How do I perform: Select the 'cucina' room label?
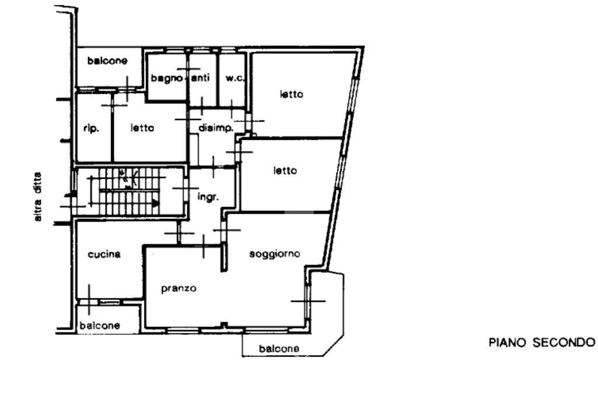pyautogui.click(x=104, y=255)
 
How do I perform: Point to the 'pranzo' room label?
pyautogui.click(x=179, y=289)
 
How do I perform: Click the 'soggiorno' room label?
pyautogui.click(x=274, y=254)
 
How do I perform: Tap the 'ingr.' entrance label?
pyautogui.click(x=208, y=197)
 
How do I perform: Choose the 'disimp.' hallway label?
pyautogui.click(x=216, y=128)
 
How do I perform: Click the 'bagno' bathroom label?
pyautogui.click(x=166, y=78)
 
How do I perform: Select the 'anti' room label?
pyautogui.click(x=201, y=78)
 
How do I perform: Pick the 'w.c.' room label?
pyautogui.click(x=235, y=78)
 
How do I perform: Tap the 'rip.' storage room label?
pyautogui.click(x=92, y=129)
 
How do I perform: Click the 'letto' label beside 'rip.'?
pyautogui.click(x=142, y=129)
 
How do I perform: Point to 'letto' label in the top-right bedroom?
pyautogui.click(x=291, y=94)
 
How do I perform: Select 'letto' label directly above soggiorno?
pyautogui.click(x=285, y=171)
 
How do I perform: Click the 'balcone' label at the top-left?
pyautogui.click(x=107, y=60)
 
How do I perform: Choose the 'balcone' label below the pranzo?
pyautogui.click(x=280, y=349)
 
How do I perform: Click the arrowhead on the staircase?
pyautogui.click(x=155, y=203)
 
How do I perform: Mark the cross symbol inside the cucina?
pyautogui.click(x=89, y=301)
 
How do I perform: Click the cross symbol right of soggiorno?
pyautogui.click(x=308, y=301)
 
